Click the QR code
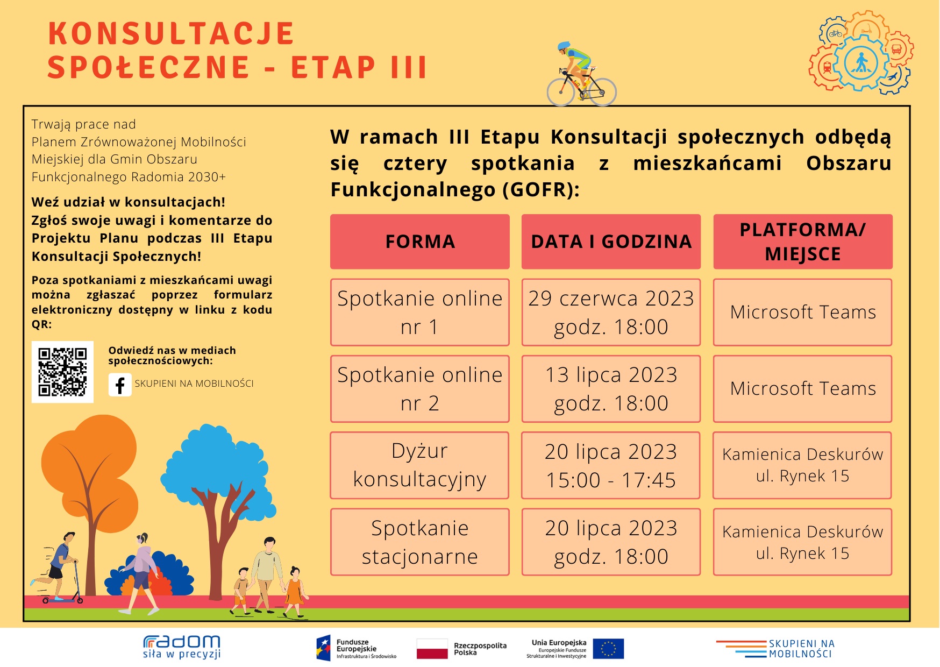pos(62,372)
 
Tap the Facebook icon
pos(120,385)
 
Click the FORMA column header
pos(420,242)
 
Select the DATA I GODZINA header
pos(611,242)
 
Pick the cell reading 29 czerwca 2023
pos(611,312)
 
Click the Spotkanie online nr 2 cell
pos(420,388)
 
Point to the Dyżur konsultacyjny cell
pos(419,465)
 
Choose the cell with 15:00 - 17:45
pos(611,465)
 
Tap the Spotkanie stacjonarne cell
pos(420,542)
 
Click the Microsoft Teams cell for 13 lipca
pos(802,388)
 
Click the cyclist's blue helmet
pos(564,46)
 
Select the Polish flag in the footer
pos(432,649)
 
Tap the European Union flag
pos(608,649)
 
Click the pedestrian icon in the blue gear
pos(861,63)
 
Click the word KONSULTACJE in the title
pos(171,33)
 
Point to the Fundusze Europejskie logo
pos(356,648)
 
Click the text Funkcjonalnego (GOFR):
pos(455,190)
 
